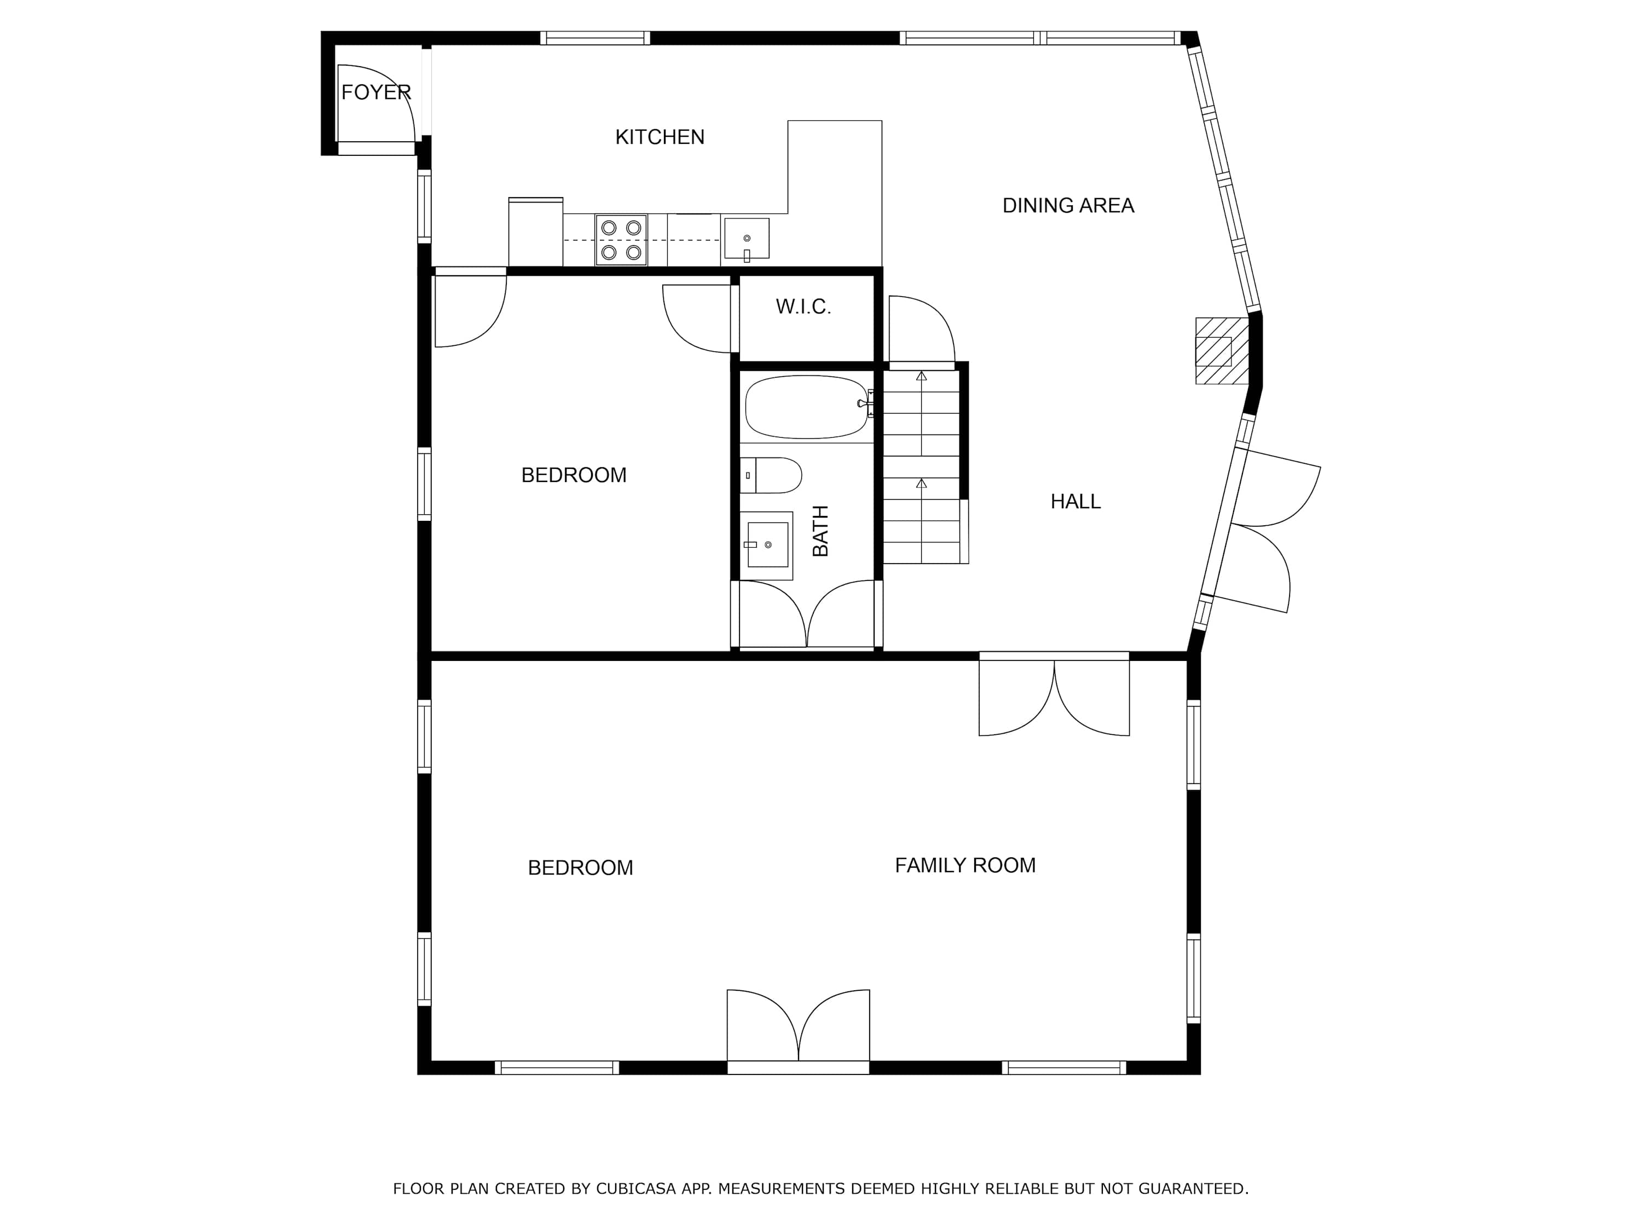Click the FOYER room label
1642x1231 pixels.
pyautogui.click(x=375, y=92)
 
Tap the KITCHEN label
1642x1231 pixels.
pyautogui.click(x=660, y=137)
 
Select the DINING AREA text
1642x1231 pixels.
pyautogui.click(x=1068, y=206)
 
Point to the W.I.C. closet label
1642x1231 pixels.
pyautogui.click(x=803, y=306)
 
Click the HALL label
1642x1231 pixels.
pyautogui.click(x=1076, y=502)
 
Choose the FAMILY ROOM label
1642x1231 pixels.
pyautogui.click(x=965, y=865)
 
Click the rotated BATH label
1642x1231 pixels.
pyautogui.click(x=820, y=531)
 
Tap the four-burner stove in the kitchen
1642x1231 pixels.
pyautogui.click(x=621, y=240)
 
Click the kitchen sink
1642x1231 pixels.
pyautogui.click(x=747, y=240)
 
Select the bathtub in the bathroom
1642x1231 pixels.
pyautogui.click(x=808, y=407)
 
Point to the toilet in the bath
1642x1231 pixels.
pyautogui.click(x=771, y=475)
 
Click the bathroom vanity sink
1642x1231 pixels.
pyautogui.click(x=767, y=545)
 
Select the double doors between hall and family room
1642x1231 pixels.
pyautogui.click(x=1054, y=695)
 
